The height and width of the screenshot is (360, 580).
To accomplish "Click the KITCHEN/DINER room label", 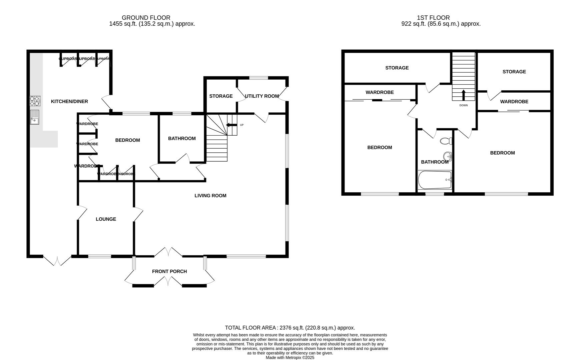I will coord(69,101).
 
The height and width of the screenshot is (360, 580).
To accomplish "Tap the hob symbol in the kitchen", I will coord(35,100).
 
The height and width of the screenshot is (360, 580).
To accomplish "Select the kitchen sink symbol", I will coord(35,117).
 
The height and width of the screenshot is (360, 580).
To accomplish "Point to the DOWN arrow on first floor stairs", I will coord(463,95).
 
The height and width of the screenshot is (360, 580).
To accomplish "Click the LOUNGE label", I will coord(106,219).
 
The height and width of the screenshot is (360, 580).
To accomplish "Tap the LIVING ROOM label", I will coord(210,196).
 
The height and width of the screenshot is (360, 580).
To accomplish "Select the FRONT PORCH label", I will coord(169,271).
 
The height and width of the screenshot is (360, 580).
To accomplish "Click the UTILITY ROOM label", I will coord(262,96).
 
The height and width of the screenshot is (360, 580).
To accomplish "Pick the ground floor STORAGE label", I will coord(221,96).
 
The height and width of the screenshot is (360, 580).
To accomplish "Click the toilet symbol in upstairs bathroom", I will coord(446,141).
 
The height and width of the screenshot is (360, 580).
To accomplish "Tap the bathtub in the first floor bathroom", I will coord(435,180).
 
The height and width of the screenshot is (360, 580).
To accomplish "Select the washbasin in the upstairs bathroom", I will coord(448,156).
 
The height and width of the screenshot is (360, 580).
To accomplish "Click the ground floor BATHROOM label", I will coord(182,138).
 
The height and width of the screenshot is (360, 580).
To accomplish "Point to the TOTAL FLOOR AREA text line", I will coord(289,328).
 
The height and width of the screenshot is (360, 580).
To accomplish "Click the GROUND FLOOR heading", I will coord(146,18).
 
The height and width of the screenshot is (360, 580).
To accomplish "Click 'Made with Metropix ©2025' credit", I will coord(289,357).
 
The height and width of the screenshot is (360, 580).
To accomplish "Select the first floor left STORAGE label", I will coord(397,68).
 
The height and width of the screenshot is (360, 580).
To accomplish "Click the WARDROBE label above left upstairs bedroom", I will coord(379,92).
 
